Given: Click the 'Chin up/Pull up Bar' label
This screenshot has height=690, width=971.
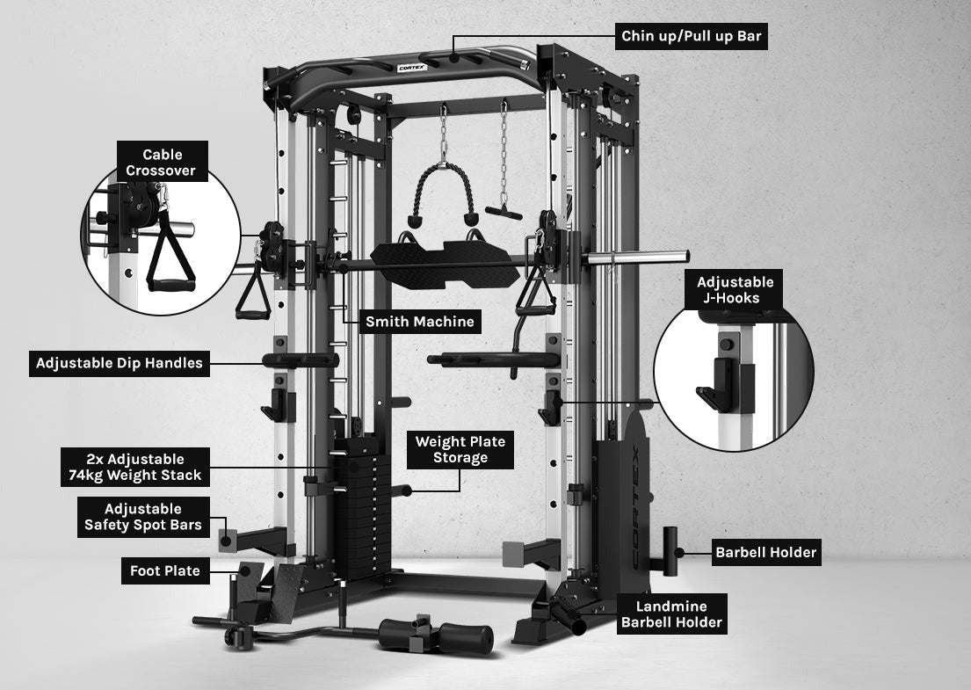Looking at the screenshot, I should point(690,37).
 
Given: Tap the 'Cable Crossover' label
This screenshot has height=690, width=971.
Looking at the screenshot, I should point(163,163).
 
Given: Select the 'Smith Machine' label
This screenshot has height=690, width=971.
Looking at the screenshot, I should point(420,322).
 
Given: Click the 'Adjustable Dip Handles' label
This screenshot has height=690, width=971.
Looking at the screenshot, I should point(120,362).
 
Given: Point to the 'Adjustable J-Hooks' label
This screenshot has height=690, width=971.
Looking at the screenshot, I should point(735,290).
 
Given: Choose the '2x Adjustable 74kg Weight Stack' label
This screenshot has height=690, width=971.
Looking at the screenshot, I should point(135,467).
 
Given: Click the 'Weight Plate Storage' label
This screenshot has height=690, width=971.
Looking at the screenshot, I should point(460,449).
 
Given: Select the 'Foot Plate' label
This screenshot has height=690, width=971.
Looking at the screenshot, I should point(164,571).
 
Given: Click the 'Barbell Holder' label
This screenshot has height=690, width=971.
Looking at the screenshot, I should point(765,553).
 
